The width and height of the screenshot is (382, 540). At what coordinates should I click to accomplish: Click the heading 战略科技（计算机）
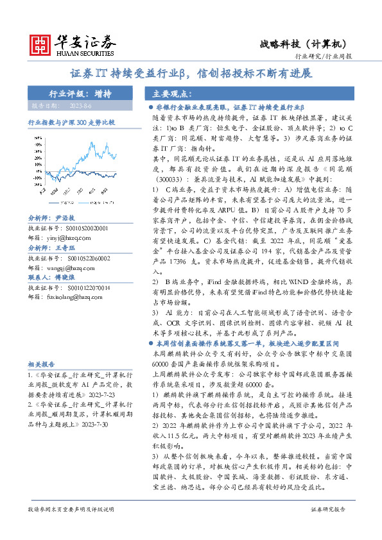tap(304, 44)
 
